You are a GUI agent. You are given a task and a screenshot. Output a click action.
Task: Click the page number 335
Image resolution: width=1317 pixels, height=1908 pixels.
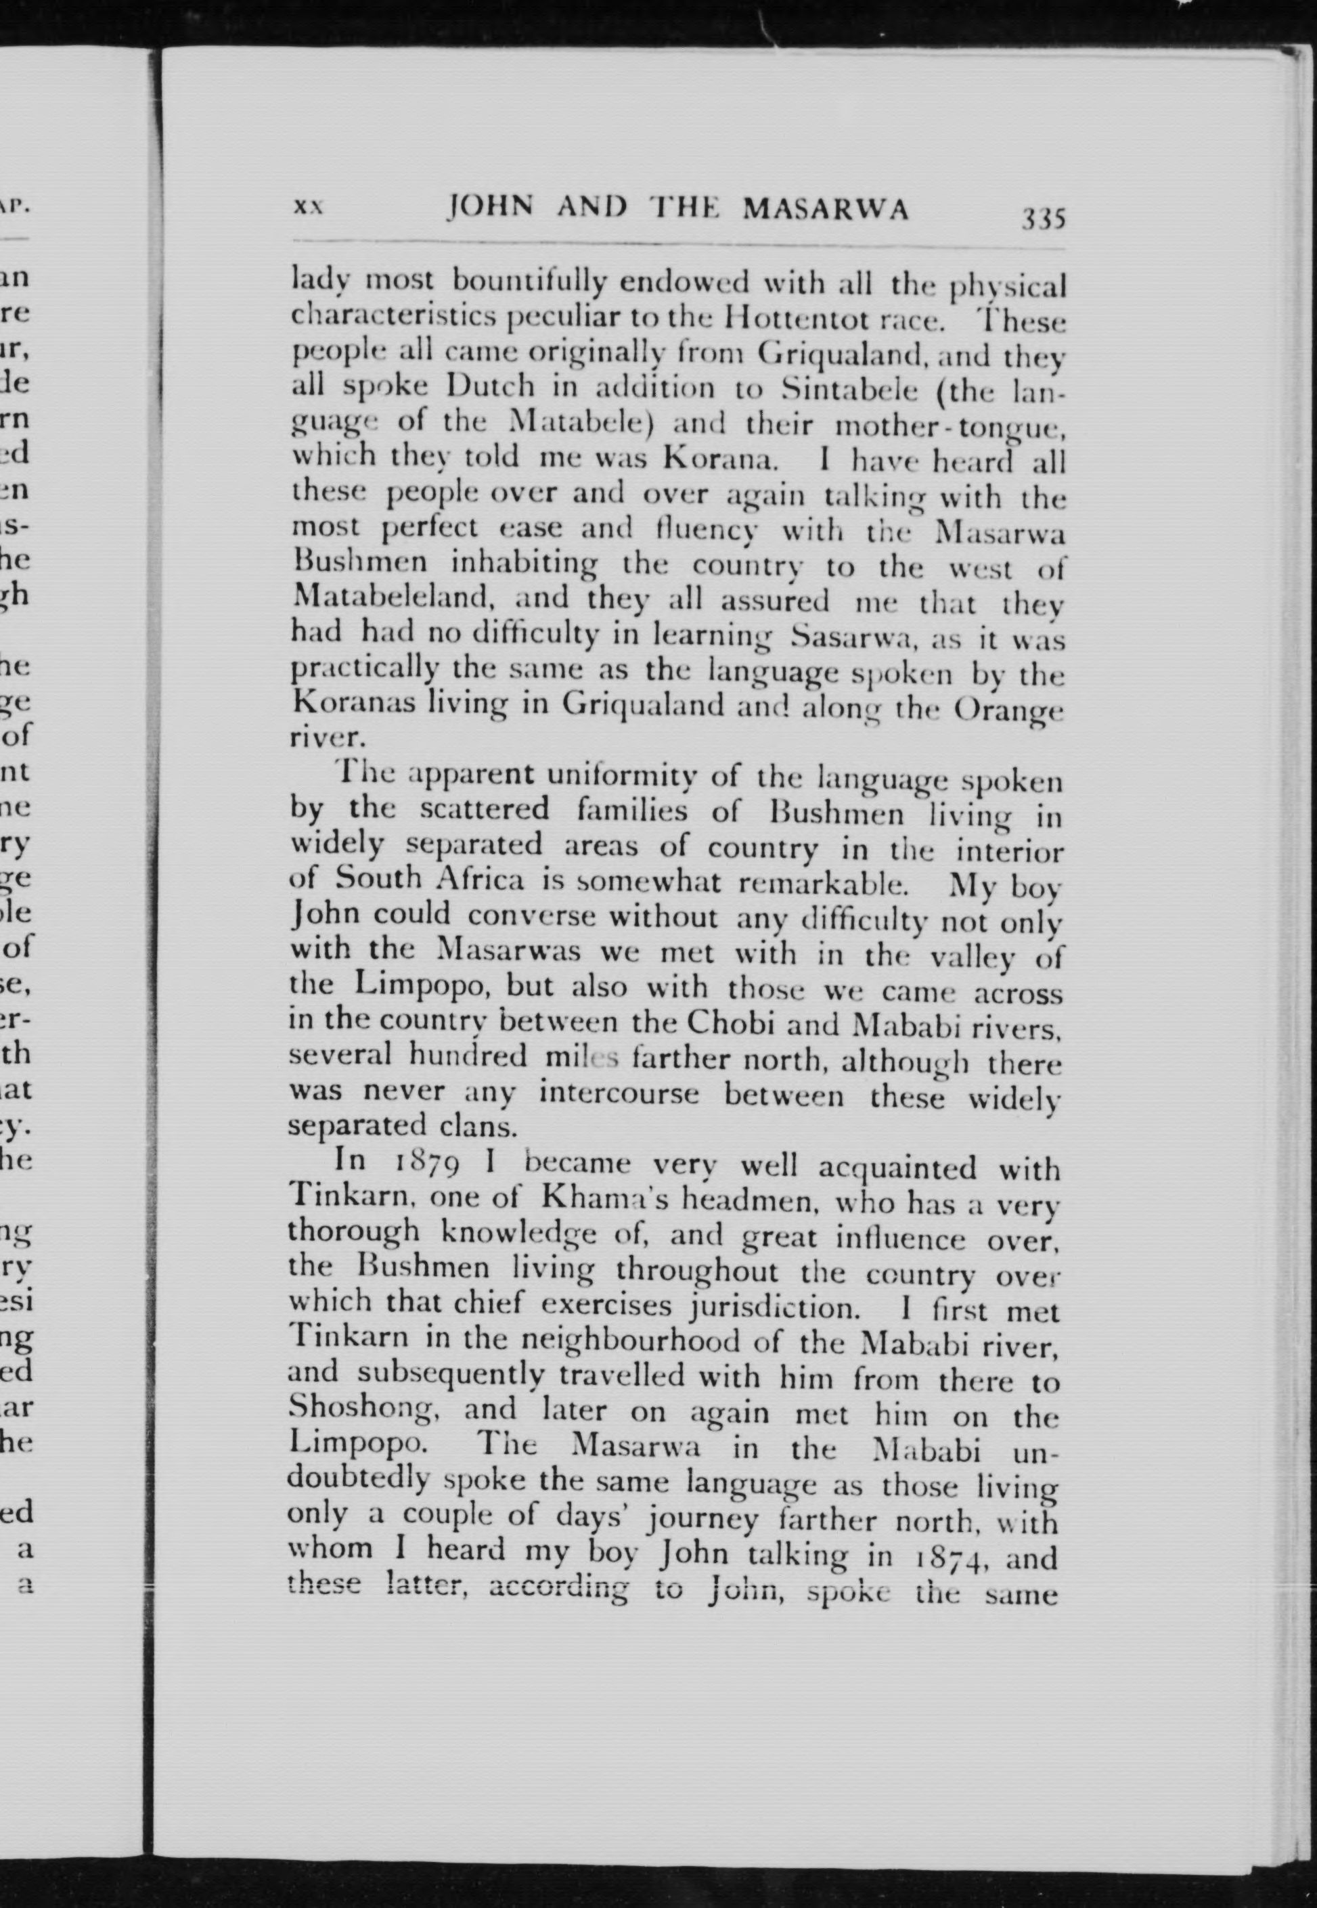1043,219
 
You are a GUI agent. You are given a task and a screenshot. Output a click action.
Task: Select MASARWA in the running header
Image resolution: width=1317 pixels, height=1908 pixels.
825,210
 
